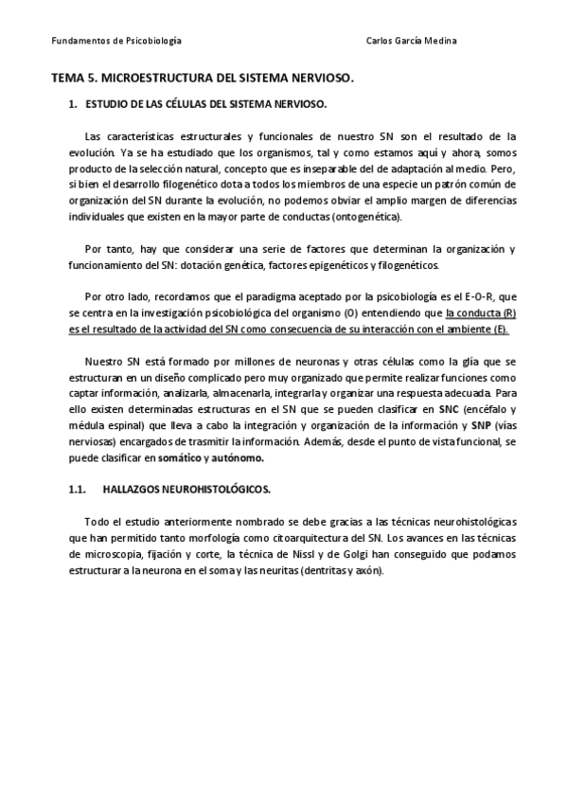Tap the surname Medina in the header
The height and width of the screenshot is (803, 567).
click(x=438, y=42)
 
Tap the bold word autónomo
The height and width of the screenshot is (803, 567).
click(x=239, y=458)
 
